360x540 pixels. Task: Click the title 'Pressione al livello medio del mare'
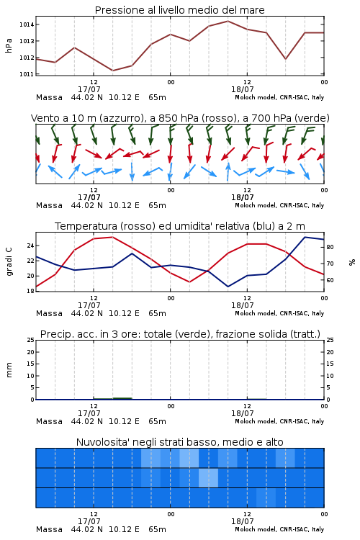179,10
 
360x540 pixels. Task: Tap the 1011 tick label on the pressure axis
26,74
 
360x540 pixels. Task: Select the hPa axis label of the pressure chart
9,45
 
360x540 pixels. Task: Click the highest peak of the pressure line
228,21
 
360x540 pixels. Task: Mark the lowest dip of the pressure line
112,71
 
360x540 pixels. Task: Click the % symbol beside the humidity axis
352,262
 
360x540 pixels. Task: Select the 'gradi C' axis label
9,261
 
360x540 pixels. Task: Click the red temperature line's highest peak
112,237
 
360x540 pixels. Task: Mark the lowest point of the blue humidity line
228,287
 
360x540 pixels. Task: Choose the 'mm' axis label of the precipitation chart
9,369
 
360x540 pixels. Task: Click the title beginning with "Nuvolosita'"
179,442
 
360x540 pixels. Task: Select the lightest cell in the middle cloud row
208,478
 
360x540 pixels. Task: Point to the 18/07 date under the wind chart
242,198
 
